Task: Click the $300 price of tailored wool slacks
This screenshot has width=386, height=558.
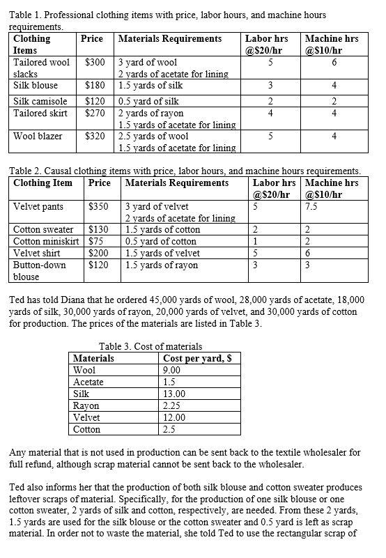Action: click(x=95, y=63)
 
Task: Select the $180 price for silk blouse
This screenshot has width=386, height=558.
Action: click(x=95, y=86)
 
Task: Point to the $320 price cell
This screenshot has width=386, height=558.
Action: click(x=95, y=137)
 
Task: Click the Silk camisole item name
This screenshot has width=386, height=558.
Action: click(x=40, y=101)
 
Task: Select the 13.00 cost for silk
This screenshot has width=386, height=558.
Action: click(x=173, y=394)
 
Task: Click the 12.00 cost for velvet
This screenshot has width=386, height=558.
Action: click(x=173, y=418)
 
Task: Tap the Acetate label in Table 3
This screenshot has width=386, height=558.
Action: click(x=88, y=382)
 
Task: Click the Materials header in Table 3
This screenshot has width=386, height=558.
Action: click(x=94, y=359)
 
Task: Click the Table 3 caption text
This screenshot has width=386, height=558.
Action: click(x=150, y=347)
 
